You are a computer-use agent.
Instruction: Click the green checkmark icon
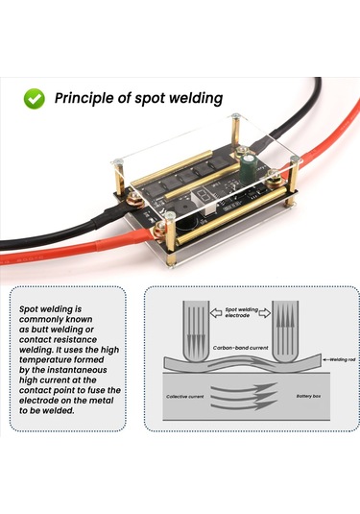point(34,98)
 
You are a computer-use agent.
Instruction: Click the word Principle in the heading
point(85,98)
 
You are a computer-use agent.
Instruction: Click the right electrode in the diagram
point(285,331)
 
